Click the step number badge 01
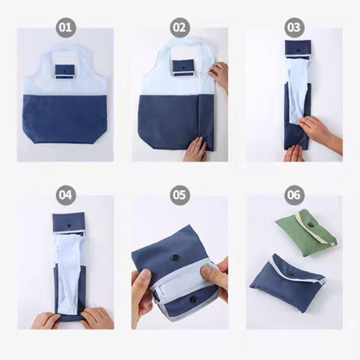click(x=66, y=27)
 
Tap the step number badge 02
click(x=179, y=27)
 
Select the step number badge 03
click(x=294, y=27)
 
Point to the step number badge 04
click(x=66, y=195)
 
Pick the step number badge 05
click(x=179, y=195)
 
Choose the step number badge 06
click(x=294, y=195)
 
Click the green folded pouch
click(x=306, y=233)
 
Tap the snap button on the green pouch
click(x=311, y=226)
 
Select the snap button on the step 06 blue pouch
click(x=291, y=273)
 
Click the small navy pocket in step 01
click(x=66, y=71)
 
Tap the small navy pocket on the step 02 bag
click(x=183, y=68)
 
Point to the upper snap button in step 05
click(x=175, y=258)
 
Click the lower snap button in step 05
click(x=192, y=300)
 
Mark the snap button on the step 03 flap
click(x=297, y=50)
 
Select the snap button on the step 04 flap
click(x=69, y=226)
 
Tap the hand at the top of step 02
click(x=218, y=75)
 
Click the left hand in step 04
click(x=46, y=320)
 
